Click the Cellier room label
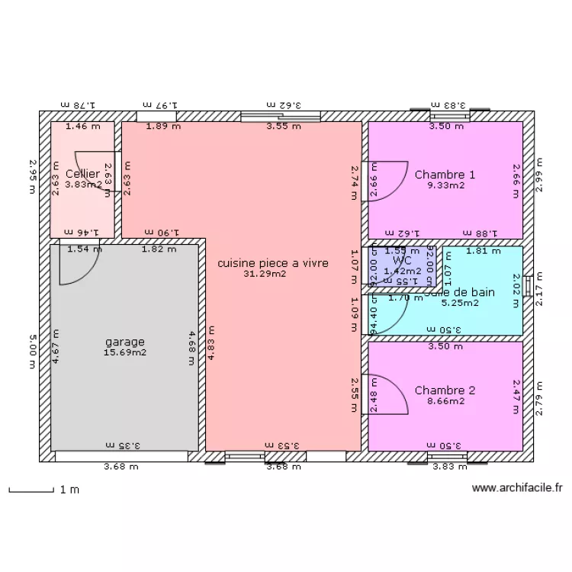click(x=82, y=174)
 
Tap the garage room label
click(x=125, y=342)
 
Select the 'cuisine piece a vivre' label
click(x=273, y=263)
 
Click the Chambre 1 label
click(x=445, y=175)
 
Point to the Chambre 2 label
click(x=445, y=390)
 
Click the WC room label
click(x=401, y=260)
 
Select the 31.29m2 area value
click(x=265, y=274)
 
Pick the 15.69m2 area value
click(x=125, y=352)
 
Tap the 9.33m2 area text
click(x=445, y=185)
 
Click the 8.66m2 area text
click(x=445, y=401)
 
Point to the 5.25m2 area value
click(x=461, y=302)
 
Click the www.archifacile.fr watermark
click(x=517, y=488)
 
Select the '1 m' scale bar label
click(x=69, y=490)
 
